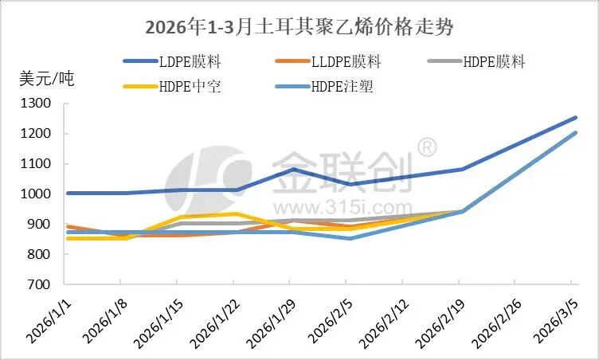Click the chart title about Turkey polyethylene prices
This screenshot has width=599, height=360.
point(299,26)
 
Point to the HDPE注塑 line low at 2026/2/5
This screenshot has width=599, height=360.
point(348,238)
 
